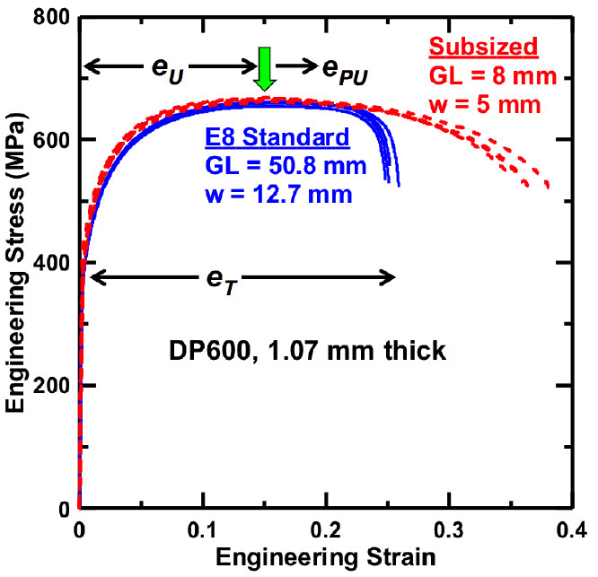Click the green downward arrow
(x=264, y=68)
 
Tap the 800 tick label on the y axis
(x=51, y=17)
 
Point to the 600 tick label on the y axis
(x=51, y=140)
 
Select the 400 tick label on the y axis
(x=51, y=263)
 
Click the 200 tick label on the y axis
(x=51, y=386)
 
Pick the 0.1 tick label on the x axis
(x=202, y=529)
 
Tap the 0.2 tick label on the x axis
(x=325, y=529)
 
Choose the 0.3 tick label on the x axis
(x=449, y=529)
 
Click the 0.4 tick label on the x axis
(x=571, y=529)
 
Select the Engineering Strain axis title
(x=326, y=558)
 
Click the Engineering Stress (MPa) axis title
(x=15, y=262)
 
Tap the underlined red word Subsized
(x=483, y=48)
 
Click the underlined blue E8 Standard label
(x=277, y=137)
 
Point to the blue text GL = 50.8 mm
(x=286, y=166)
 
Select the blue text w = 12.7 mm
(x=278, y=195)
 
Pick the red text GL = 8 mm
(x=493, y=76)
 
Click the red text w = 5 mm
(x=485, y=105)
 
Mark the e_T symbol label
(x=222, y=282)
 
